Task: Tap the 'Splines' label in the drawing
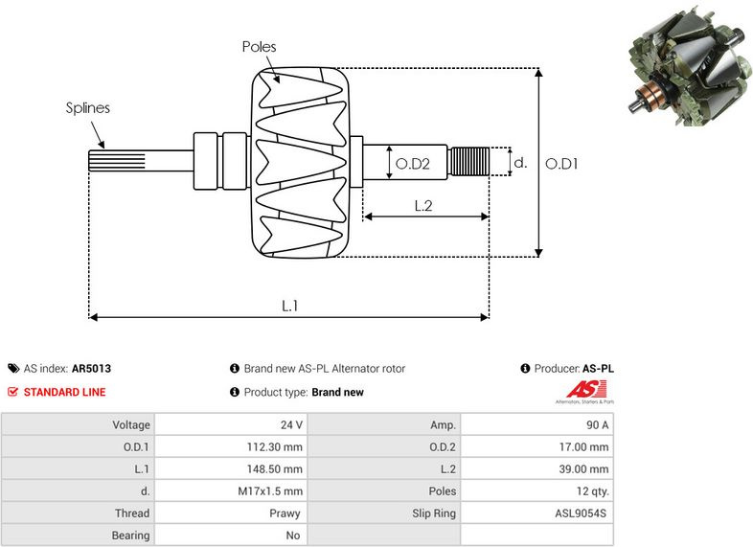coord(87,107)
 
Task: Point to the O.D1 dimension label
coord(561,164)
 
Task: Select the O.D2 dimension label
coord(413,164)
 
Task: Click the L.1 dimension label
coord(289,306)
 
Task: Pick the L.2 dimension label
coord(423,205)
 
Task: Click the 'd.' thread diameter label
coord(520,164)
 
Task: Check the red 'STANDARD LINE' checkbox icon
coord(13,392)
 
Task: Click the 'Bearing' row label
coord(131,536)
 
